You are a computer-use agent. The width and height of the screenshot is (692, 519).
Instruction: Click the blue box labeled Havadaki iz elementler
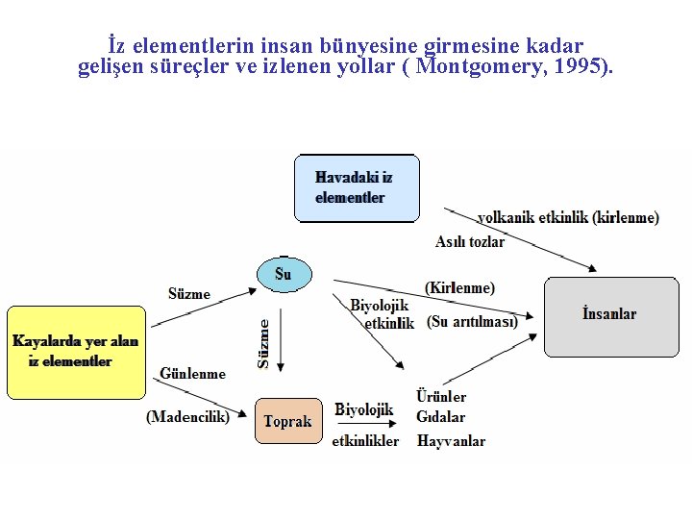357,188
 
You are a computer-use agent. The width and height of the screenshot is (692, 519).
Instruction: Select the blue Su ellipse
284,274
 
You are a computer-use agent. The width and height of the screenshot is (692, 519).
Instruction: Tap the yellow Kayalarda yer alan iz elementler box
76,352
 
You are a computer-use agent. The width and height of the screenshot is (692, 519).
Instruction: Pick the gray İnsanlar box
610,315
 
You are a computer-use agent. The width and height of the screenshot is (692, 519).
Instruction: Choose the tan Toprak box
288,421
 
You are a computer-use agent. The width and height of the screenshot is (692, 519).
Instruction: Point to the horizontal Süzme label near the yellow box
189,294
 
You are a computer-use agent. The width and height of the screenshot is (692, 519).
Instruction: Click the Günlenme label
192,373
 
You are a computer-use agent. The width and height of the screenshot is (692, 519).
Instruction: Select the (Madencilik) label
187,416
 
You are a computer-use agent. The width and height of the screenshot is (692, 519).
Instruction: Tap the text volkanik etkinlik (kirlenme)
568,217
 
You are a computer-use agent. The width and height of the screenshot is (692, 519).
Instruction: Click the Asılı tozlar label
469,242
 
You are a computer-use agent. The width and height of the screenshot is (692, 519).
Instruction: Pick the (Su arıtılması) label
472,321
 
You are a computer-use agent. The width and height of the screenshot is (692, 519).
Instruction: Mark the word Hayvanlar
451,441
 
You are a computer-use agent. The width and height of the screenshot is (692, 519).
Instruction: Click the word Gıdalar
441,417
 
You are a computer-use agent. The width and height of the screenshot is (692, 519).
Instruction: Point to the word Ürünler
441,396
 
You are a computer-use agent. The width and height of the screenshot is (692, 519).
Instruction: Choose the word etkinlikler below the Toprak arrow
365,441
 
